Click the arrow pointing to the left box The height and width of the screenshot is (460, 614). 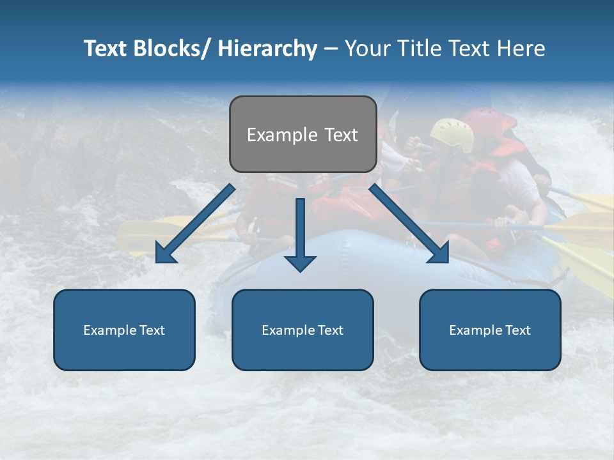[195, 224]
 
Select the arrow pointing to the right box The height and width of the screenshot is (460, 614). [409, 224]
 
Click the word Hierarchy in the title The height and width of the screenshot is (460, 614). [267, 49]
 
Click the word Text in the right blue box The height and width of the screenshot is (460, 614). [517, 330]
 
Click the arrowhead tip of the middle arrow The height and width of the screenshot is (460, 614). [300, 270]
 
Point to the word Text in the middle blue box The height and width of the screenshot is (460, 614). [330, 330]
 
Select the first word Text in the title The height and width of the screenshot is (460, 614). [105, 49]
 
